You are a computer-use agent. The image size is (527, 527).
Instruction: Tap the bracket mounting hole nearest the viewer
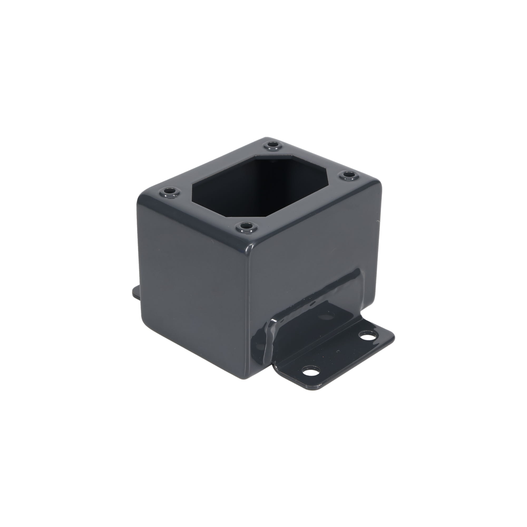coord(310,372)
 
